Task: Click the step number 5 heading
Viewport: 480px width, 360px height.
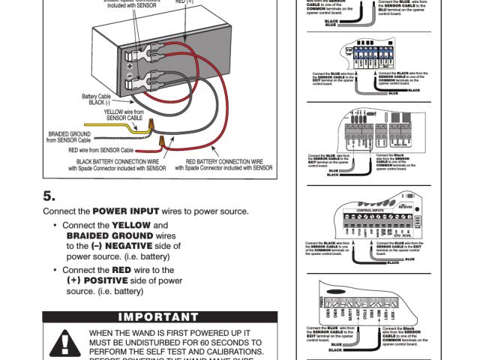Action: click(49, 196)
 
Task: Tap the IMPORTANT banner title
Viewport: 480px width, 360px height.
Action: click(160, 317)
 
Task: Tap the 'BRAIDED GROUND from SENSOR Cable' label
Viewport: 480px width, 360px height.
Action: click(68, 137)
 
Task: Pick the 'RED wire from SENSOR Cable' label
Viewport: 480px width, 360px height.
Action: click(106, 150)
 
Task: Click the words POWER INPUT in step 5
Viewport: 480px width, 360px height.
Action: click(125, 211)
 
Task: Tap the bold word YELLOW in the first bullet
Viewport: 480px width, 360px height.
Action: click(131, 225)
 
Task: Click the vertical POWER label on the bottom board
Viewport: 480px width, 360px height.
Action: click(322, 303)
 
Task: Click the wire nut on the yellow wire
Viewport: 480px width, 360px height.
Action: click(151, 121)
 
